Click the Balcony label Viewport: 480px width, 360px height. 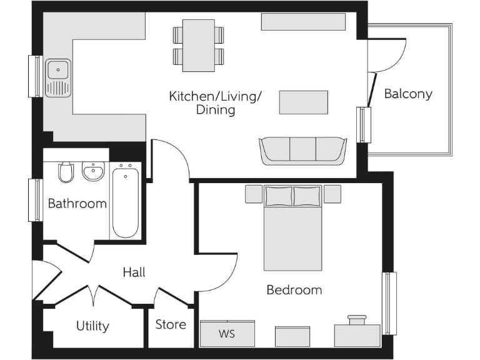pyautogui.click(x=407, y=94)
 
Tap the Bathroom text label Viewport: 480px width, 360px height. pyautogui.click(x=77, y=204)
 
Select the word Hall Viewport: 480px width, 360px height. pyautogui.click(x=134, y=272)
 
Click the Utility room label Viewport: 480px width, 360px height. pyautogui.click(x=92, y=326)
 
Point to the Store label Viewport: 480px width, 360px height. pyautogui.click(x=171, y=324)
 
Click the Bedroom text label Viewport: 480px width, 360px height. pyautogui.click(x=294, y=290)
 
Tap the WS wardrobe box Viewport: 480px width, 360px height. pyautogui.click(x=227, y=334)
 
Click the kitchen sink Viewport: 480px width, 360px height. pyautogui.click(x=58, y=68)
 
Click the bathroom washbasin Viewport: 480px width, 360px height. pyautogui.click(x=93, y=171)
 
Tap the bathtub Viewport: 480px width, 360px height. pyautogui.click(x=126, y=201)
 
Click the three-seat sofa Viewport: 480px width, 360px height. pyautogui.click(x=302, y=151)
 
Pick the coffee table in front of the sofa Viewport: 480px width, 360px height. pyautogui.click(x=303, y=102)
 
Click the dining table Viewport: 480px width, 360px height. pyautogui.click(x=198, y=45)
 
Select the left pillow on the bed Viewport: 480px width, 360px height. pyautogui.click(x=278, y=196)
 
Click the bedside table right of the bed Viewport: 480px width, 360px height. pyautogui.click(x=332, y=194)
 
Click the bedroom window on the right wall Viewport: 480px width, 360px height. pyautogui.click(x=389, y=303)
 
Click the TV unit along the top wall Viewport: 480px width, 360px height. pyautogui.click(x=303, y=22)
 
